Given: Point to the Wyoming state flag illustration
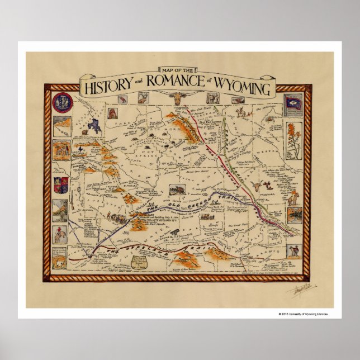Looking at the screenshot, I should pyautogui.click(x=293, y=103).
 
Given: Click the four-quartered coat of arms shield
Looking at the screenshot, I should pyautogui.click(x=60, y=183).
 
